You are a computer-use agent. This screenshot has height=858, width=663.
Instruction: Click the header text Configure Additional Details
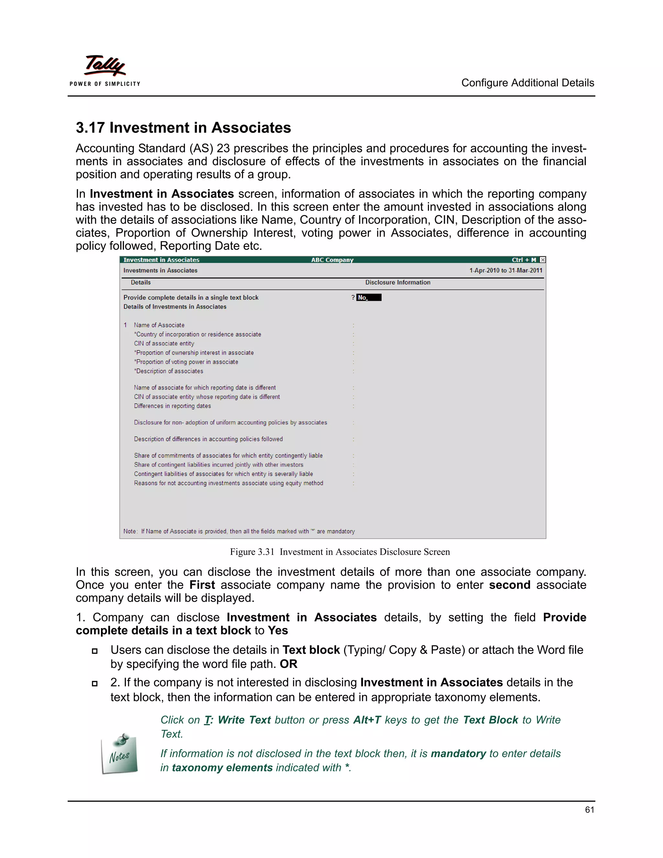point(527,83)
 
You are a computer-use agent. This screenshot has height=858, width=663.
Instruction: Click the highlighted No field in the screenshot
point(368,298)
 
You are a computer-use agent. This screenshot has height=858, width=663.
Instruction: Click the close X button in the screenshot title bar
point(543,260)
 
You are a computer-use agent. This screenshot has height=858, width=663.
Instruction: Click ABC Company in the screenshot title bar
point(332,260)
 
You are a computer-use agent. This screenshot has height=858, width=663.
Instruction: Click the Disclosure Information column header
point(398,282)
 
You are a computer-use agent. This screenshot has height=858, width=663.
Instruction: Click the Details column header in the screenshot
point(140,282)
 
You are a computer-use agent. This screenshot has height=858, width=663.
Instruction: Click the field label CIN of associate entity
point(164,343)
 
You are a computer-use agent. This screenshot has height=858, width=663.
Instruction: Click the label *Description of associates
point(168,371)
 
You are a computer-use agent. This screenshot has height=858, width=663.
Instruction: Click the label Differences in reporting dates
point(173,406)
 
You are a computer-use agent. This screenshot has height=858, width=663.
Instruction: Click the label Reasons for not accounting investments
point(228,483)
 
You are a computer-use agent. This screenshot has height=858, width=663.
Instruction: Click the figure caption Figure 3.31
point(252,552)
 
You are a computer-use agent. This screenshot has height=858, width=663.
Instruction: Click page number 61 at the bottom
point(589,810)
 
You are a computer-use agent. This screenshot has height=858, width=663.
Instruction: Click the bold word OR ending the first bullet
point(288,664)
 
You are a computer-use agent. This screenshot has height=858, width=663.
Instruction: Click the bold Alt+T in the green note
point(367,720)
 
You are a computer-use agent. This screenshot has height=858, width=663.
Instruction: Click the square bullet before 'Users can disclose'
point(94,651)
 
